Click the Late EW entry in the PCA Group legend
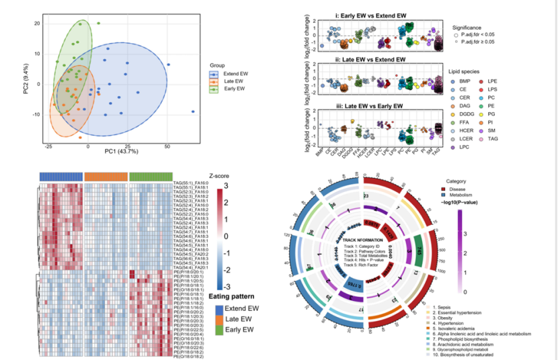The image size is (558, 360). click(232, 81)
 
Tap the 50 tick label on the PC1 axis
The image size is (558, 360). click(167, 145)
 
